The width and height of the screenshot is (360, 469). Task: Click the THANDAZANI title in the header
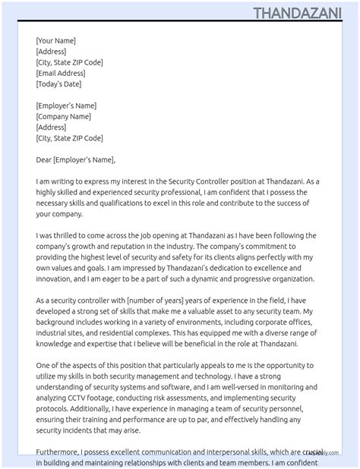click(302, 13)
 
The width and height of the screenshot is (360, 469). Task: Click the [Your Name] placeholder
click(55, 41)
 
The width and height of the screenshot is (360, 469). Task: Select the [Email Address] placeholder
click(61, 74)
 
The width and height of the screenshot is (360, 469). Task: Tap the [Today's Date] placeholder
click(58, 84)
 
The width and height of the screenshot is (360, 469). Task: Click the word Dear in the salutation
click(43, 160)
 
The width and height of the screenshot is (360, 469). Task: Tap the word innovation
click(56, 280)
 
